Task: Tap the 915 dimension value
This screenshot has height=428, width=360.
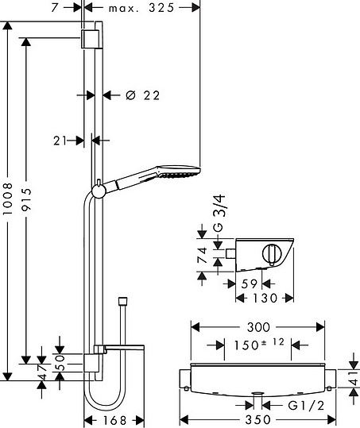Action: [26, 199]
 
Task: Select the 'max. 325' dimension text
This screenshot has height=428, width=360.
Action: [141, 8]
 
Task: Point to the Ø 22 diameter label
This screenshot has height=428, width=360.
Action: [143, 95]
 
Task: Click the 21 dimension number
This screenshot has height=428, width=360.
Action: [60, 141]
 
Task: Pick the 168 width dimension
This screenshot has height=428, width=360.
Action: [114, 421]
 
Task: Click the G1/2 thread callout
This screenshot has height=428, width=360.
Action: [306, 405]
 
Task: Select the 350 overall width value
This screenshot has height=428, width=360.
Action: [257, 420]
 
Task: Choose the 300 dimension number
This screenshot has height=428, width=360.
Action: [258, 327]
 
